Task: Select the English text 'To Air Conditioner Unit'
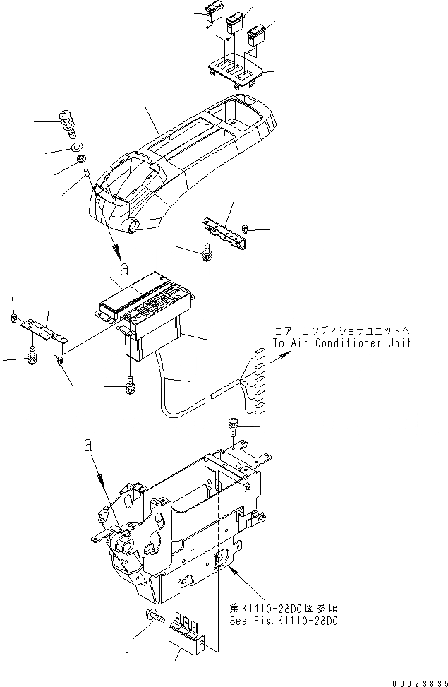tap(341, 343)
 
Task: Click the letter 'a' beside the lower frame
tap(87, 446)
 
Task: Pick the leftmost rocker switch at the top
tap(214, 12)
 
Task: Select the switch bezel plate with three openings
tap(236, 70)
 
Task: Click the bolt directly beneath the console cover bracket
tap(207, 250)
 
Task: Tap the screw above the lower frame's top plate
tap(234, 425)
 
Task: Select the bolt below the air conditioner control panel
tap(128, 386)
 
